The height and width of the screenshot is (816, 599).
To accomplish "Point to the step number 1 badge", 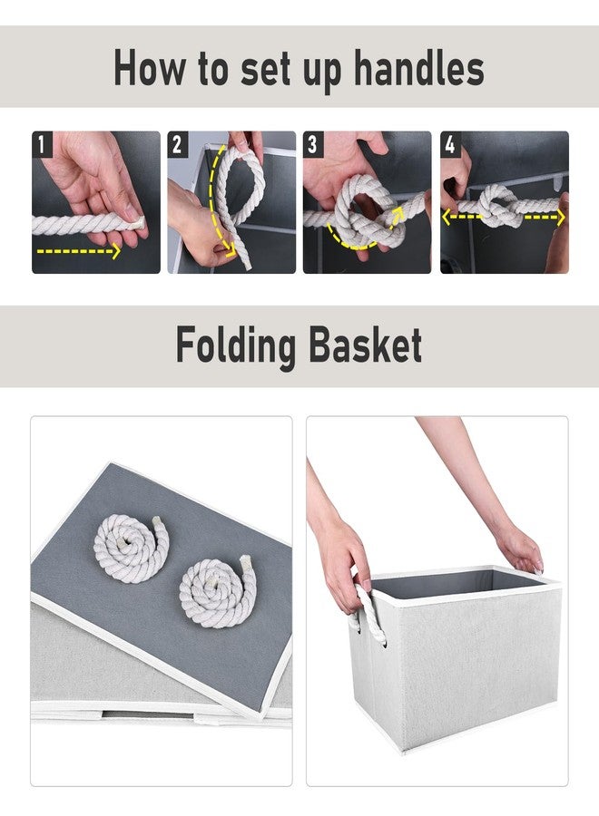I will pyautogui.click(x=42, y=143).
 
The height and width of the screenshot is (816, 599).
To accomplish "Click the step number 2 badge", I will pyautogui.click(x=178, y=143).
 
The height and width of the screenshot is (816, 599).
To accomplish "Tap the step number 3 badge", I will pyautogui.click(x=314, y=143).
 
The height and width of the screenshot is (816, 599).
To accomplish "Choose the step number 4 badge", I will pyautogui.click(x=450, y=143).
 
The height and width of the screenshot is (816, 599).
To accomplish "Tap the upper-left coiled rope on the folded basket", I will pyautogui.click(x=132, y=548).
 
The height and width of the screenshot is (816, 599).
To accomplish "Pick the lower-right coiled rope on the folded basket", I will pyautogui.click(x=214, y=592).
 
